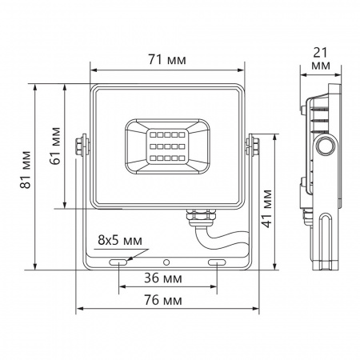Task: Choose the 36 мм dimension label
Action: pyautogui.click(x=168, y=280)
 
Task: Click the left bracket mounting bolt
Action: pyautogui.click(x=80, y=145)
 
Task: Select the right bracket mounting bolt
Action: pyautogui.click(x=254, y=145)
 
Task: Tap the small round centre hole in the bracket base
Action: pyautogui.click(x=166, y=262)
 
